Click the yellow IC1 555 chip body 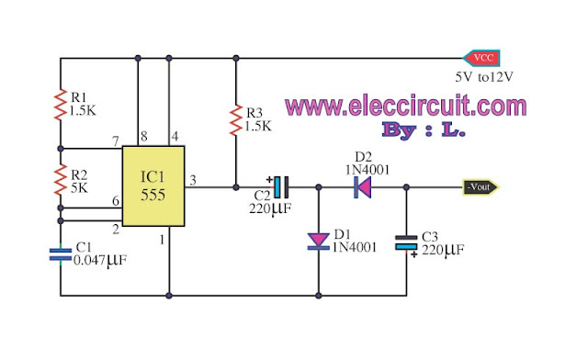[x=153, y=186]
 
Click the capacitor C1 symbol [x=61, y=253]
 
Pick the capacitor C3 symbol [x=405, y=242]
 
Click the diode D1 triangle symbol [x=318, y=242]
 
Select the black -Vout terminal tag [x=481, y=187]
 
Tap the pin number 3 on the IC [x=190, y=179]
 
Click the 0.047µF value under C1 [x=101, y=263]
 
